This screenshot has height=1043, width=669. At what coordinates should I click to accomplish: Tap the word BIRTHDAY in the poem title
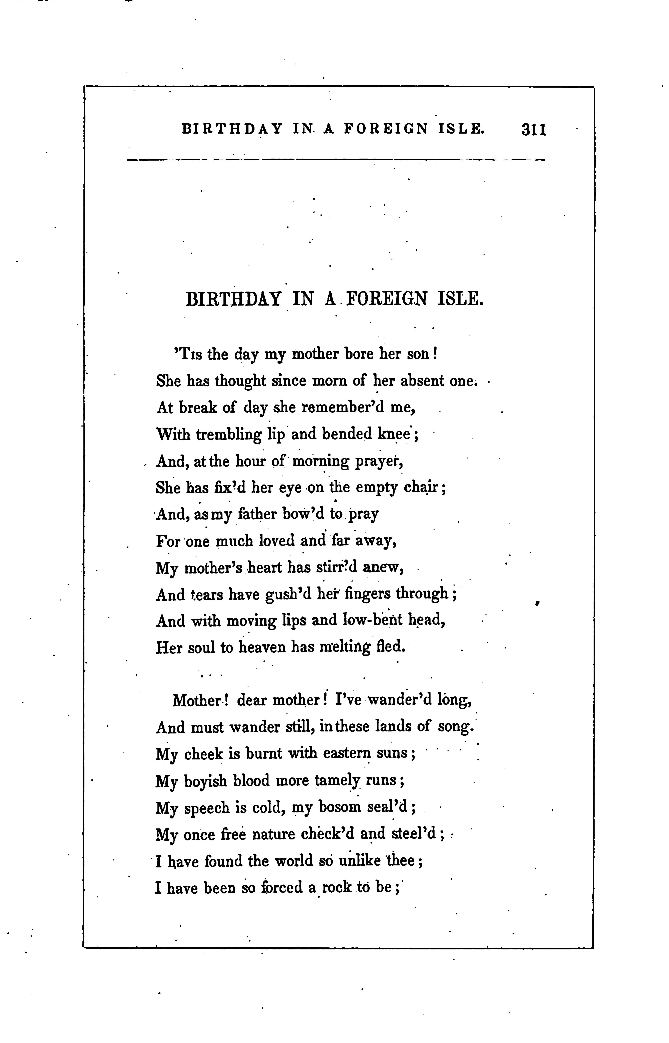coord(233,299)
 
